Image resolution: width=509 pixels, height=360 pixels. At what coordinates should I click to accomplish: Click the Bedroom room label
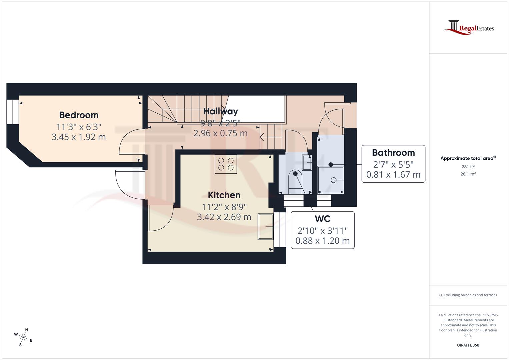[79, 115]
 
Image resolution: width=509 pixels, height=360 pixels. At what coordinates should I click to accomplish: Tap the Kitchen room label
[224, 195]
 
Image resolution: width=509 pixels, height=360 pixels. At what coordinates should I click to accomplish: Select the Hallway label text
[221, 111]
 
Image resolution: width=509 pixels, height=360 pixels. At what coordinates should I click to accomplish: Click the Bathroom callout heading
[393, 153]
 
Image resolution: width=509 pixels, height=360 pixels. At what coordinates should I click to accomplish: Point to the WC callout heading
[322, 219]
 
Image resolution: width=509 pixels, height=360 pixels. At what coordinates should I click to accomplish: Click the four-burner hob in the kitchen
[226, 164]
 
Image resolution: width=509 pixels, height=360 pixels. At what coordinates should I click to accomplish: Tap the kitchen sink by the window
[265, 227]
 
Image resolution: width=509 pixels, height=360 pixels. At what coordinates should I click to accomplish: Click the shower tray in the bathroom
[331, 180]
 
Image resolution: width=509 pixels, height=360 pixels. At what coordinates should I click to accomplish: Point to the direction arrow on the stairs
[266, 137]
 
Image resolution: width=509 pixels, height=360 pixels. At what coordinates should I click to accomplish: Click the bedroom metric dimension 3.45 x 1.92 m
[79, 137]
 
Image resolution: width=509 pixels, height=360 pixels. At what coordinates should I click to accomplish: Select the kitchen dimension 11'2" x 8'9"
[224, 207]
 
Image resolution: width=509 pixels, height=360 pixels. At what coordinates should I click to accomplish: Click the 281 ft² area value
[468, 167]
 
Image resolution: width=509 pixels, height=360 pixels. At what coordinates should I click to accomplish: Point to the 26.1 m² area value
[468, 174]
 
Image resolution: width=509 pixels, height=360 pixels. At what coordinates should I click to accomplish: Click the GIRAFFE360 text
[468, 345]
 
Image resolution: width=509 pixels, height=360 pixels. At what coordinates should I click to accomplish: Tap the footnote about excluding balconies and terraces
[468, 295]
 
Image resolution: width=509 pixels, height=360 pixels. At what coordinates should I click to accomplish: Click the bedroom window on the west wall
[13, 111]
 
